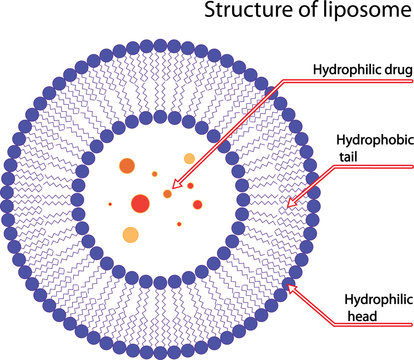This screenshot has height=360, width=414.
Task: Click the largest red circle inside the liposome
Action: [140, 204]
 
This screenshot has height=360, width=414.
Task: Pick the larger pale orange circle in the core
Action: [130, 236]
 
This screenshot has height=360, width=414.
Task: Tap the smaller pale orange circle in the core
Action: [189, 159]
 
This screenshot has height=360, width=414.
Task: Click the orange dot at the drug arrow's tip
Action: [168, 194]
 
